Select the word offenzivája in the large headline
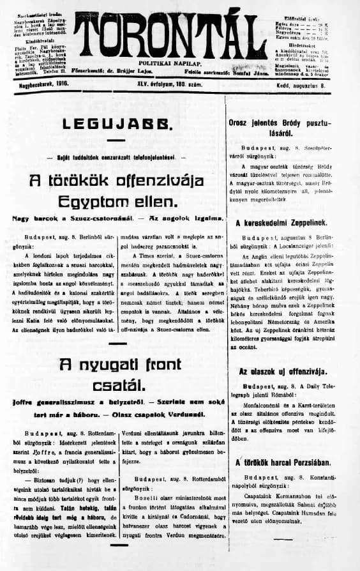click(159, 180)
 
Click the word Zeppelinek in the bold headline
click(300, 223)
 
